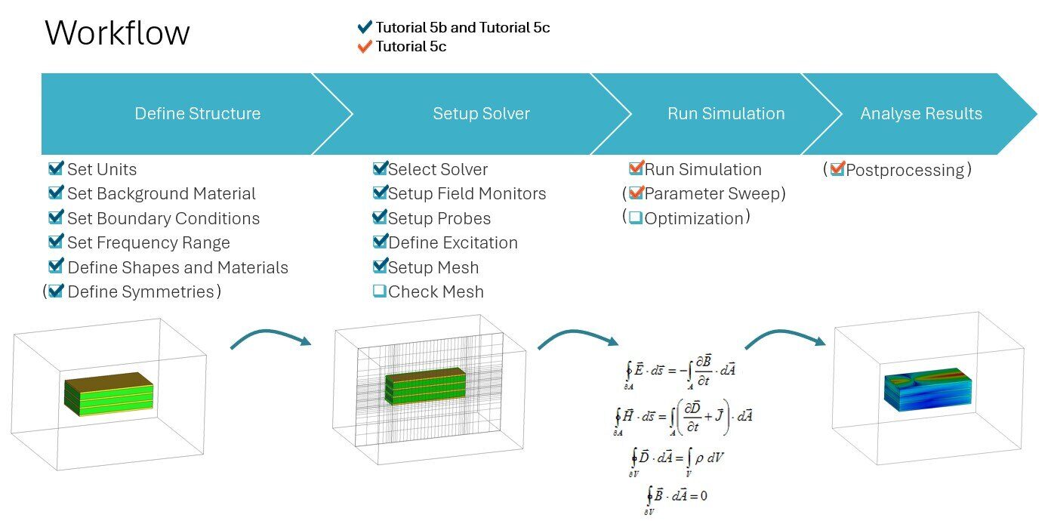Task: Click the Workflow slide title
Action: [117, 33]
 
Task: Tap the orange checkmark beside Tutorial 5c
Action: [365, 47]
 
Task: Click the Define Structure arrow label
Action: [197, 114]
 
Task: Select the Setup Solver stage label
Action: [481, 114]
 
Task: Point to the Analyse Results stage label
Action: [921, 114]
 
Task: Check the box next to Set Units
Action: [56, 168]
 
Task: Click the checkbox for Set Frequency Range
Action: [56, 242]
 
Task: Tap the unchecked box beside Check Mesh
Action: [380, 291]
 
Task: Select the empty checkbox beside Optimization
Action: [636, 218]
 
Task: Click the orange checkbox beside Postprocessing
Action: [837, 170]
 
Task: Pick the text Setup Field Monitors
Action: [467, 194]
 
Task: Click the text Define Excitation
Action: [453, 243]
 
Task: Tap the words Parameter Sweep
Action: [714, 194]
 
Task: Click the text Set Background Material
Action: [162, 194]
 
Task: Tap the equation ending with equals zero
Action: [677, 496]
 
